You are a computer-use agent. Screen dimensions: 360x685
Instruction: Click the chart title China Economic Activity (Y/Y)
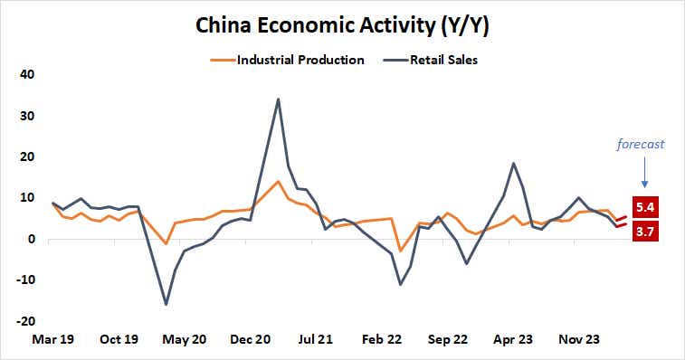click(x=342, y=26)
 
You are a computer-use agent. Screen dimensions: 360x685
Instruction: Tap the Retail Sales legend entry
click(x=444, y=61)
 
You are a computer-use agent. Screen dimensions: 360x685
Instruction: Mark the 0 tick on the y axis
click(x=30, y=240)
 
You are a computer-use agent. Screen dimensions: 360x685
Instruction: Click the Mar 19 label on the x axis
click(x=53, y=340)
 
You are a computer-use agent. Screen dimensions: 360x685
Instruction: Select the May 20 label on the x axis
click(x=186, y=340)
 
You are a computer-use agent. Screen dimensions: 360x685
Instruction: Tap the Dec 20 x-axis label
click(x=252, y=340)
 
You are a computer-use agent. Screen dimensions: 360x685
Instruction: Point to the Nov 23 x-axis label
click(x=578, y=340)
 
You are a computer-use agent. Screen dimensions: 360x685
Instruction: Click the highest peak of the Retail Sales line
click(x=278, y=99)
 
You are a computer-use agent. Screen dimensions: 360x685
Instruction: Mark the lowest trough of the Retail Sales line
click(x=166, y=304)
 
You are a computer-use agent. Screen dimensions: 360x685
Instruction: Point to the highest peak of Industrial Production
click(x=278, y=182)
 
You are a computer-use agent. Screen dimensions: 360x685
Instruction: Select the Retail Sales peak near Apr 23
click(x=514, y=164)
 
